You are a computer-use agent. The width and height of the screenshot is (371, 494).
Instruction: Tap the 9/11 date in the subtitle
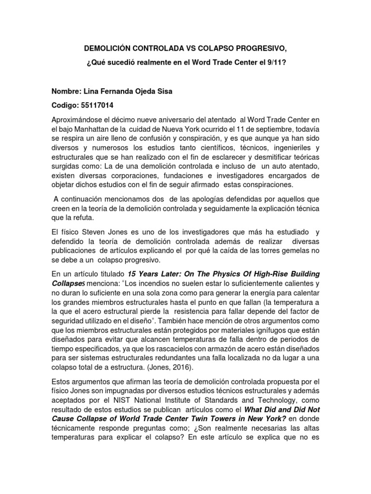(278, 63)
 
